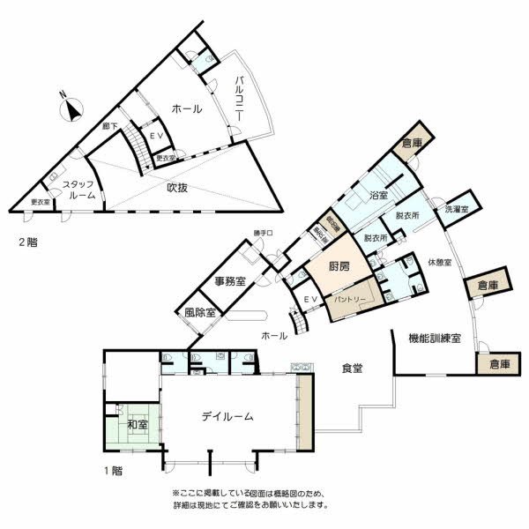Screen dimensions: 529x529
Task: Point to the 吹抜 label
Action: [x=180, y=187]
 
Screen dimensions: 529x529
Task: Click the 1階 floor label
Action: [x=114, y=471]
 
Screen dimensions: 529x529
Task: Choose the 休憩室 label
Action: [x=440, y=262]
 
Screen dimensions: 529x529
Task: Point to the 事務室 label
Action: [x=230, y=281]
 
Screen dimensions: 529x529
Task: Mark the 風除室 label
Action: [x=201, y=312]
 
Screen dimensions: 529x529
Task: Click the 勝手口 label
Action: [x=264, y=234]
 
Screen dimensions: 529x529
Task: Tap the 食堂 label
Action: [x=352, y=368]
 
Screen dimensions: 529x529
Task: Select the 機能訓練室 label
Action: [x=435, y=339]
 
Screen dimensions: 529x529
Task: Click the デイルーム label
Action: [x=227, y=415]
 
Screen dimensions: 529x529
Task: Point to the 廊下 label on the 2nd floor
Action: [x=110, y=125]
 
